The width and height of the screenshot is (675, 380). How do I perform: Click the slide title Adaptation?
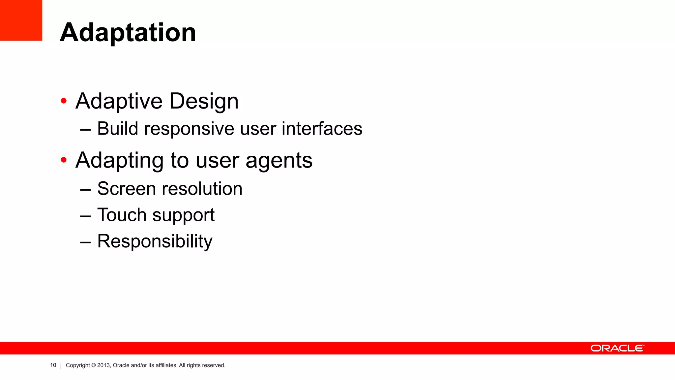click(128, 32)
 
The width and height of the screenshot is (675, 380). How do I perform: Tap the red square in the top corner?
click(21, 20)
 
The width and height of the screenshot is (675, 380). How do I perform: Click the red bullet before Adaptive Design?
click(64, 101)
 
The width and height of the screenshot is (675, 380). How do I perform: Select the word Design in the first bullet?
click(204, 101)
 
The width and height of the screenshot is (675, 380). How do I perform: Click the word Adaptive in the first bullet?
click(119, 101)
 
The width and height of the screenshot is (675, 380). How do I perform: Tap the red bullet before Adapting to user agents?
click(64, 160)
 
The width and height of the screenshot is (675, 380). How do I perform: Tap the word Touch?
click(122, 215)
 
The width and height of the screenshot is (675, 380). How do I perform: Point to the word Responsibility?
click(155, 241)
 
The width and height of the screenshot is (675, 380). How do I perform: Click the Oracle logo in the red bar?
click(617, 348)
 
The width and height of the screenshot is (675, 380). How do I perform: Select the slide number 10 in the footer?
click(53, 365)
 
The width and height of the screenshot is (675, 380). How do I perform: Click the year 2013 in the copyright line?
click(103, 365)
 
